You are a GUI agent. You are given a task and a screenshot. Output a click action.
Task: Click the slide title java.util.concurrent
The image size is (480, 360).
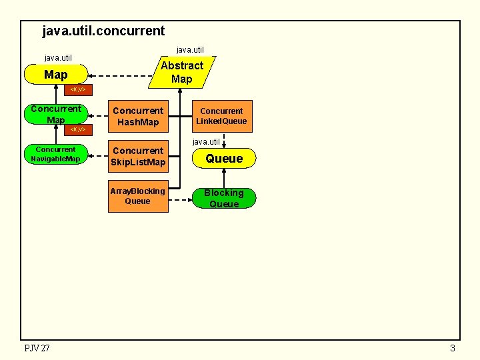[x=103, y=31]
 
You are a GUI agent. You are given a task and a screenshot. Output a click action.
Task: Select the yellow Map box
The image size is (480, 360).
[x=55, y=75]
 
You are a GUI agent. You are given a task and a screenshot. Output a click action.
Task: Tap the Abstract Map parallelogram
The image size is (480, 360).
[x=181, y=72]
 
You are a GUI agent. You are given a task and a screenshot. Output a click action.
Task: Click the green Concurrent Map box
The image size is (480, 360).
[x=55, y=114]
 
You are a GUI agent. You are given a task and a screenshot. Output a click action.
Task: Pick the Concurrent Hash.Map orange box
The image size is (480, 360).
[x=138, y=116]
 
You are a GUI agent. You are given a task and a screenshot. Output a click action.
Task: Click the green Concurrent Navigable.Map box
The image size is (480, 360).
[x=55, y=154]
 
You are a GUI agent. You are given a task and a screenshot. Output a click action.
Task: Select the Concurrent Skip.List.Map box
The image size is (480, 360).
[x=138, y=157]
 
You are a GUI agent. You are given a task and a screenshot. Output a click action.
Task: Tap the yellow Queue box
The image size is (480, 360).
[x=224, y=159]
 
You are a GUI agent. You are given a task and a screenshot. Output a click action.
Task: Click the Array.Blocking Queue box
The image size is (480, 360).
[x=138, y=197]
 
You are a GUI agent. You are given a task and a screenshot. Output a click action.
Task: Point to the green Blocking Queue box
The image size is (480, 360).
[x=224, y=198]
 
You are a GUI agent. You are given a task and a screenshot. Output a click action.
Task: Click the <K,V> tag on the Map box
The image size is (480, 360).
[x=79, y=89]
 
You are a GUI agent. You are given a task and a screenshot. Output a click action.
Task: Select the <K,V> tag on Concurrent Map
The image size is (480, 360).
[x=79, y=129]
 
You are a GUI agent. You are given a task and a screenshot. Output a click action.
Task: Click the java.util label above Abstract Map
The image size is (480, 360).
[x=190, y=49]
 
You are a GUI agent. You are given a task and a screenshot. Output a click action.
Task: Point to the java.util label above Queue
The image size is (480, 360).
[x=206, y=141]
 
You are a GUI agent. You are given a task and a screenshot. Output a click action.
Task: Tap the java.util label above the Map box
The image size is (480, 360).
[x=58, y=58]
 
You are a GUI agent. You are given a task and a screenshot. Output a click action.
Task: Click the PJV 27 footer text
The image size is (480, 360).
[x=37, y=348]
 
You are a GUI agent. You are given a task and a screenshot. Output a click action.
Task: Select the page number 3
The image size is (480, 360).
[x=453, y=348]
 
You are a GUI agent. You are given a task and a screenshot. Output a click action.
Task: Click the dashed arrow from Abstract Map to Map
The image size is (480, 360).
[x=120, y=75]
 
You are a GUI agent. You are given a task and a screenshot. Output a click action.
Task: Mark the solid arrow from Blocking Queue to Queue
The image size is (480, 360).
[x=224, y=179]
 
